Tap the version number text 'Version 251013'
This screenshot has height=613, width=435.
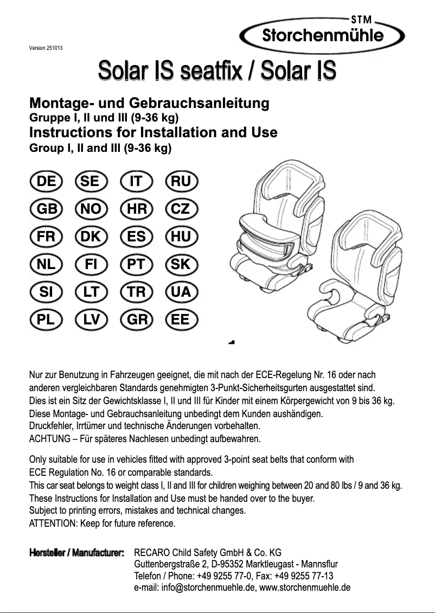(46, 48)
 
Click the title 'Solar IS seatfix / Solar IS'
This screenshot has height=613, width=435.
(217, 72)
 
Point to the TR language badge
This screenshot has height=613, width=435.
(137, 292)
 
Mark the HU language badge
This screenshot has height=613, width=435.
(182, 237)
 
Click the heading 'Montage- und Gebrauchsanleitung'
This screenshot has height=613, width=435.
(149, 103)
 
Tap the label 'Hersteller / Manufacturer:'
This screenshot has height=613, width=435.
(76, 553)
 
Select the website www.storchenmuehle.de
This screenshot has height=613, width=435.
(305, 588)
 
